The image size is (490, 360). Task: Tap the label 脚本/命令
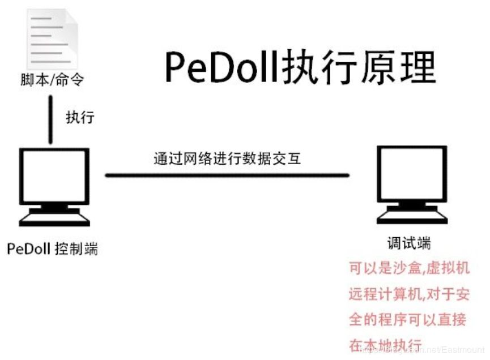pos(51,80)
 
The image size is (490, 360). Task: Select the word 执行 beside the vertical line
pos(80,118)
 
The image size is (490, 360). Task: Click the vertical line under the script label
pos(52,119)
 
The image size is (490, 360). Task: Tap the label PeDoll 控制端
pos(52,248)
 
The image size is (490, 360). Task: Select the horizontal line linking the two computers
pos(227,175)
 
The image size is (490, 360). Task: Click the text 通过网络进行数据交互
pos(227,158)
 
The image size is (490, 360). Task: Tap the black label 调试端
pos(408,244)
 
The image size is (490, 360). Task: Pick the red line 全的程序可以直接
pos(407,320)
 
